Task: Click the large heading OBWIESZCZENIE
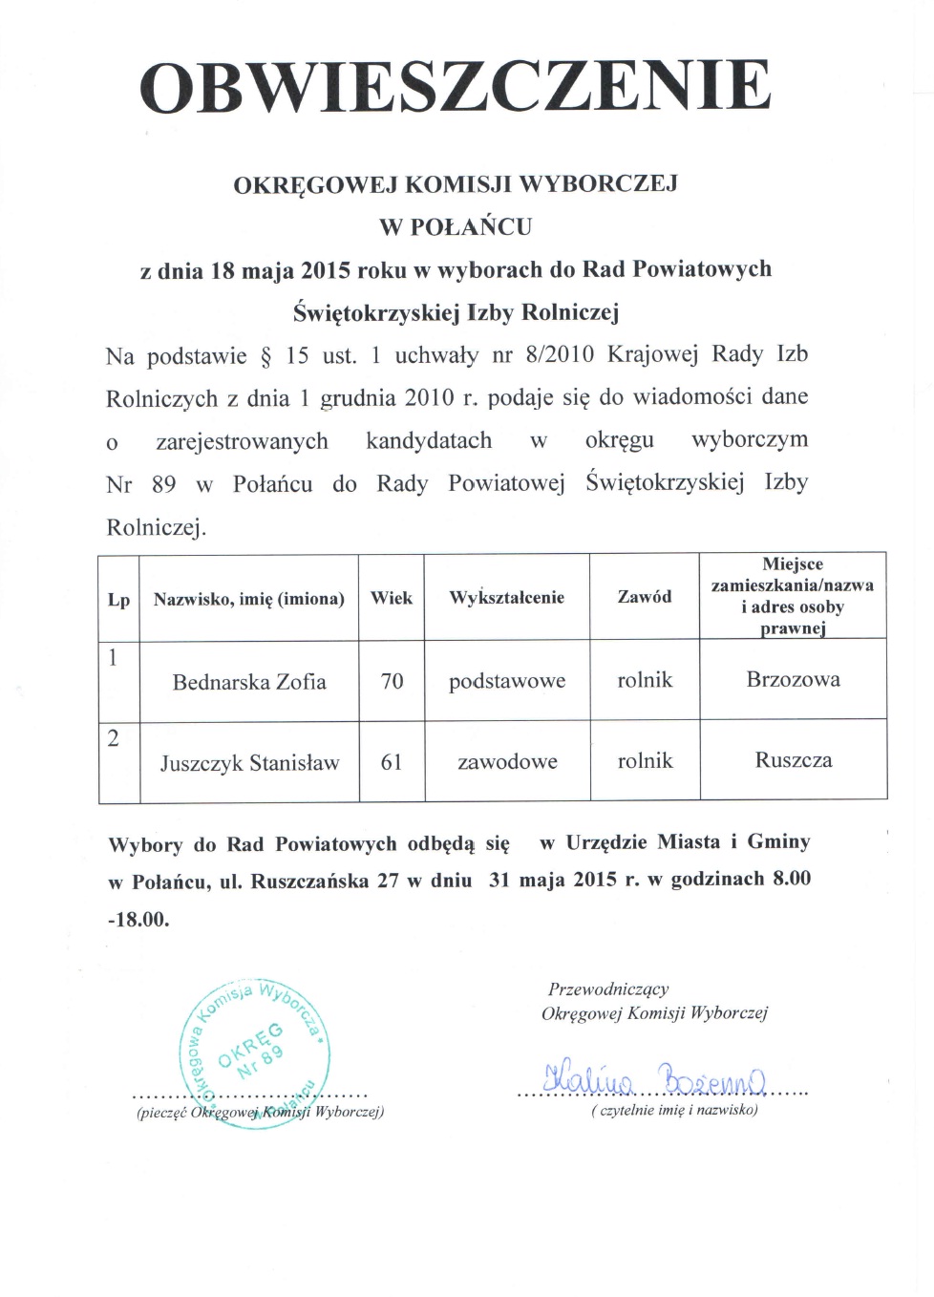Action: [x=456, y=87]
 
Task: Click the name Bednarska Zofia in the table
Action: [x=249, y=682]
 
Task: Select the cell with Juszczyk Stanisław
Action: [x=249, y=763]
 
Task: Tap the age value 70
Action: [x=392, y=681]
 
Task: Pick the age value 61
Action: [x=392, y=762]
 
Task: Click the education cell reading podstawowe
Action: [x=507, y=681]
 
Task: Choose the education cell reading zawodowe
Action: [x=507, y=762]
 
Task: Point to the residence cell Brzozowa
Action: [x=793, y=679]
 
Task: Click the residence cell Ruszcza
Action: [x=793, y=760]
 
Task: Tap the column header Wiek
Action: [x=392, y=598]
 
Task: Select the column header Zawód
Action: [x=645, y=597]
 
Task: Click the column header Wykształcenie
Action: [x=506, y=598]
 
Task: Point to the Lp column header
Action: [x=118, y=600]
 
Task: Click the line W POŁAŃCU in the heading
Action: [x=456, y=227]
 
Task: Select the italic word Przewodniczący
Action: [x=608, y=989]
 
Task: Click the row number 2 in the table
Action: [x=114, y=738]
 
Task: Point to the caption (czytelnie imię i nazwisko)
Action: [x=674, y=1110]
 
